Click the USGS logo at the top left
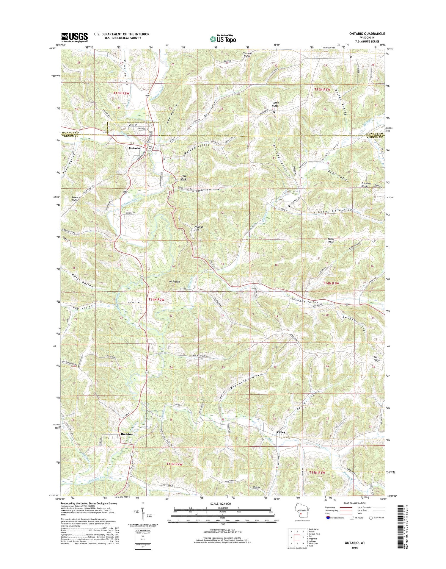click(74, 37)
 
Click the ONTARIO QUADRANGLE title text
click(367, 34)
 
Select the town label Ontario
click(134, 148)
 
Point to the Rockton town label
click(127, 434)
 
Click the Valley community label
click(281, 432)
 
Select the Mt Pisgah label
click(175, 281)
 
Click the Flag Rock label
click(184, 178)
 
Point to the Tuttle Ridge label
click(275, 104)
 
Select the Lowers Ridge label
click(75, 198)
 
